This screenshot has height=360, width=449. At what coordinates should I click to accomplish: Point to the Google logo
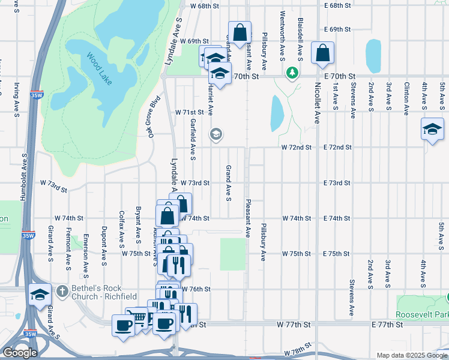[x=19, y=352]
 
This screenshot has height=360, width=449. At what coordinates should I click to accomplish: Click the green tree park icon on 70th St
[x=292, y=73]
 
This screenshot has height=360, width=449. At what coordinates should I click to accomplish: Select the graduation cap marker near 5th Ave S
[x=432, y=130]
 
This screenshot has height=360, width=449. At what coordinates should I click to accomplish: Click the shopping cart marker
[x=140, y=317]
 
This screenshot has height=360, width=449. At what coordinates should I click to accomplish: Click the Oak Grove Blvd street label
[x=153, y=117]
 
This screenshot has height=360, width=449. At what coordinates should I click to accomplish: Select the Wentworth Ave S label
[x=282, y=35]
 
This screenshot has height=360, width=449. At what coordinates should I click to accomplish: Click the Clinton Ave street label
[x=406, y=98]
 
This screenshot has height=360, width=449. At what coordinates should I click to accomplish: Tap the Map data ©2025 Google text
[x=411, y=355]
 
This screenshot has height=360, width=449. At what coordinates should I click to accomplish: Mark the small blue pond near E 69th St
[x=373, y=56]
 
